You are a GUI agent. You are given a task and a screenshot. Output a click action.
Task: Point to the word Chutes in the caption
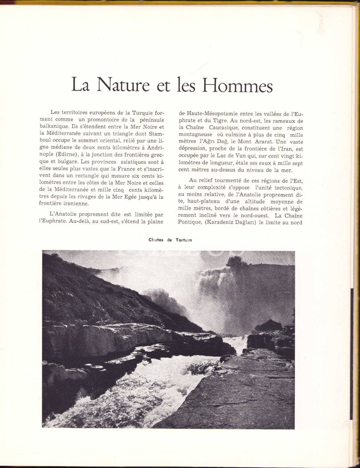click(156, 240)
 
